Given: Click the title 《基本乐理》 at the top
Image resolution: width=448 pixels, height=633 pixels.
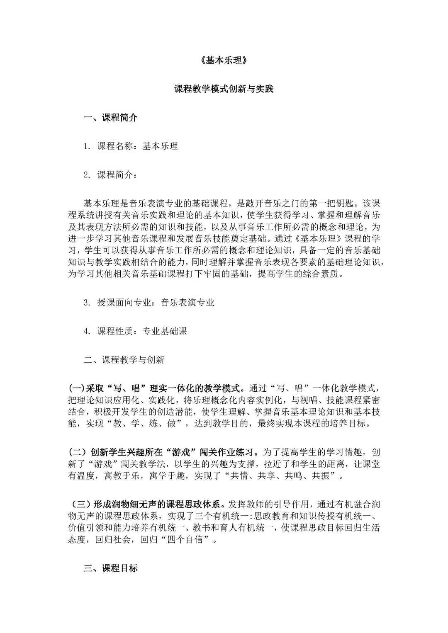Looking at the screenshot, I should click(224, 61).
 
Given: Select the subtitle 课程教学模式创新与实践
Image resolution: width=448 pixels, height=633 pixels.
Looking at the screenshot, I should click(224, 89).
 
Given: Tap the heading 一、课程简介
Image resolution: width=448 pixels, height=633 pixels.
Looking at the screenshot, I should click(110, 118).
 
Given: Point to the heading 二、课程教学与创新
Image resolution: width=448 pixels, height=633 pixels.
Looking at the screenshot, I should click(124, 360).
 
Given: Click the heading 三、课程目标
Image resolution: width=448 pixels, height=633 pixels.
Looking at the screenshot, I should click(110, 568).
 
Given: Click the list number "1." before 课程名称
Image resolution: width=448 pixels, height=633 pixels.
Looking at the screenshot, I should click(87, 146).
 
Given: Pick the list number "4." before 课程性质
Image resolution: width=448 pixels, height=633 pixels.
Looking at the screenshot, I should click(87, 331).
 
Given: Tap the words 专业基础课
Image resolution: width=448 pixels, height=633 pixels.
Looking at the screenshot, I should click(165, 331).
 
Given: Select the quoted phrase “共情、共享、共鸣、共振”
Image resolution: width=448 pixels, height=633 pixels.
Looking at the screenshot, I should click(281, 475).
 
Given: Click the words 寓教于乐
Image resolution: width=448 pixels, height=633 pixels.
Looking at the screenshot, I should click(122, 475).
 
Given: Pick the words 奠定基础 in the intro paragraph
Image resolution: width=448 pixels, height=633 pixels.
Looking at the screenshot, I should click(249, 239).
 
